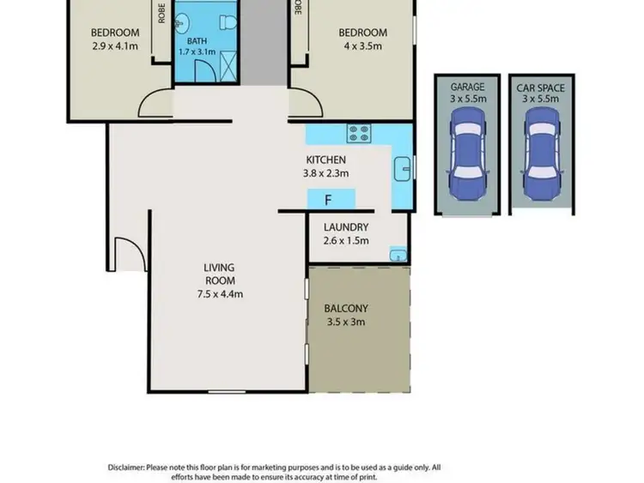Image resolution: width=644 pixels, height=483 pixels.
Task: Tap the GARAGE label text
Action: (x=467, y=87)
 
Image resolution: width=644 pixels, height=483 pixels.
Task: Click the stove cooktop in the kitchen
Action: (x=358, y=134)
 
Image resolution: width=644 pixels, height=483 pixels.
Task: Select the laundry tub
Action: (x=397, y=254)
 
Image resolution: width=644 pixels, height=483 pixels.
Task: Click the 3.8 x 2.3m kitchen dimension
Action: (x=326, y=173)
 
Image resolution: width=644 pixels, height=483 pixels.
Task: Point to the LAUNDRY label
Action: (x=346, y=227)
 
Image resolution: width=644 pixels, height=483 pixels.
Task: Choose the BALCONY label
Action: (x=346, y=309)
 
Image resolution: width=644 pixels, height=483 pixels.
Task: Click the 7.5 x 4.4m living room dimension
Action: (x=220, y=294)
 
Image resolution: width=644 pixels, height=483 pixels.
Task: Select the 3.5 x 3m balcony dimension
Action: (x=346, y=323)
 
